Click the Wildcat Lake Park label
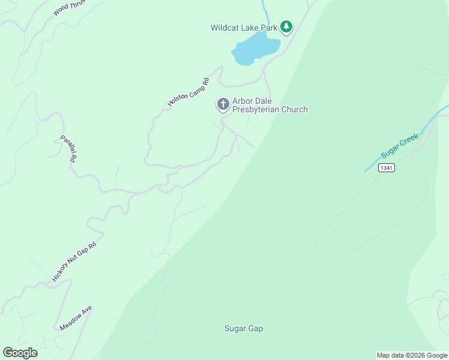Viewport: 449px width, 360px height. (244, 28)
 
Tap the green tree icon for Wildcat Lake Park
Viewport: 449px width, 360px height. (287, 26)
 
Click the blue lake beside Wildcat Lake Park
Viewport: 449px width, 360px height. (255, 49)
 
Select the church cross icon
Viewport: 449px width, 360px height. (223, 105)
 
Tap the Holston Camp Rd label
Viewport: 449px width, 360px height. (188, 92)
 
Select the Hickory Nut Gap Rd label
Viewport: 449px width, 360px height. (74, 262)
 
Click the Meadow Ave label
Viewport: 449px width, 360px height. (76, 318)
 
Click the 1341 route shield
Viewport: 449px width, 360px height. (386, 168)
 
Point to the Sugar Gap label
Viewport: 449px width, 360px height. (244, 328)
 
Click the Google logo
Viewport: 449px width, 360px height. (20, 353)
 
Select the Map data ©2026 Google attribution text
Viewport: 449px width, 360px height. (412, 355)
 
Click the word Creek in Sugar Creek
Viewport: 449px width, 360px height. (408, 142)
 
